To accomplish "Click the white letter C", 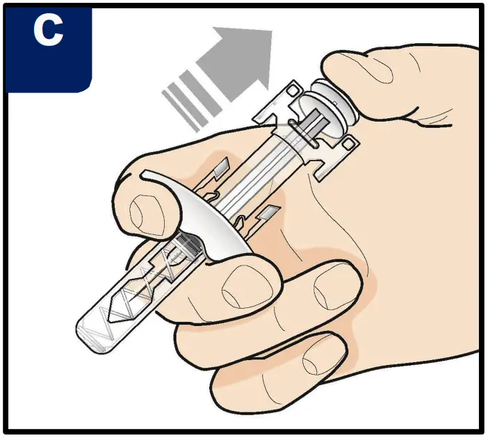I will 48,32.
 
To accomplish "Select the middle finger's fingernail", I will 244,285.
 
